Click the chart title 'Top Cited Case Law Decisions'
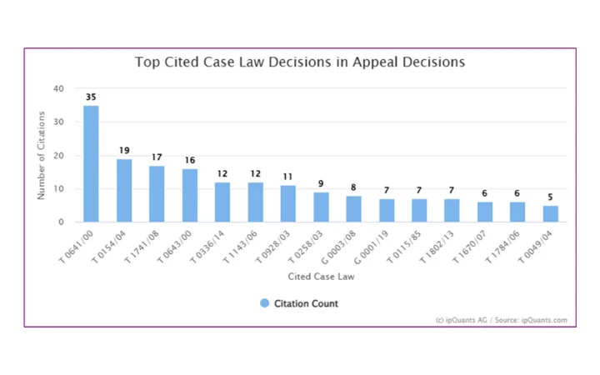(300, 62)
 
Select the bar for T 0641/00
(91, 164)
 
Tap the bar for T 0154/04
(124, 191)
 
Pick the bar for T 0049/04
(551, 214)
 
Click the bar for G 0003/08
(353, 209)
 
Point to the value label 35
(91, 97)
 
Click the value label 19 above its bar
(124, 151)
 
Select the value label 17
(157, 157)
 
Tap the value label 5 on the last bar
(551, 197)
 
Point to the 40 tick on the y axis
(58, 88)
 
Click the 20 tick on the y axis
(58, 156)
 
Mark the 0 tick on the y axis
(61, 222)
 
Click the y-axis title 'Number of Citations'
(41, 156)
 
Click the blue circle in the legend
(264, 303)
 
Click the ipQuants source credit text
(501, 320)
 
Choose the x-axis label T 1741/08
(148, 247)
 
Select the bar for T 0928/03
(288, 204)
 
